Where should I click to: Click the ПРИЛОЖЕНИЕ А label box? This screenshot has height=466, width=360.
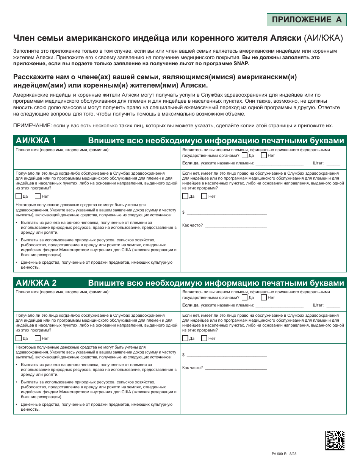307,20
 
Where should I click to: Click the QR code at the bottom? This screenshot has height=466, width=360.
335,440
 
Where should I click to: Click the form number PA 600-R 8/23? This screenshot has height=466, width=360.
284,453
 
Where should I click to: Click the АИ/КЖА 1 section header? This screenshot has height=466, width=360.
36,141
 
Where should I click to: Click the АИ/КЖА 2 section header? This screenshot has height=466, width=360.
36,283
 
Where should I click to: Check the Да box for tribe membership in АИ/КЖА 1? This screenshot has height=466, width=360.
245,155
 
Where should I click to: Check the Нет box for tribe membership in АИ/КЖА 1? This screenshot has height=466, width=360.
264,155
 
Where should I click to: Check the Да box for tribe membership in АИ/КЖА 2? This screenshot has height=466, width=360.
245,297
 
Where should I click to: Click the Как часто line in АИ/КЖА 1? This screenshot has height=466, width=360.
236,226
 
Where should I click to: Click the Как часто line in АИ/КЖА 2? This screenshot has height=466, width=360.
236,369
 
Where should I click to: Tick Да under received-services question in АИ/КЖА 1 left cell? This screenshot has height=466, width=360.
19,196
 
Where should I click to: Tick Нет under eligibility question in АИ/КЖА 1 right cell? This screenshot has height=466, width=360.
204,196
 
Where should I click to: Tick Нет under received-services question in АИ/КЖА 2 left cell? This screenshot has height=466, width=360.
38,338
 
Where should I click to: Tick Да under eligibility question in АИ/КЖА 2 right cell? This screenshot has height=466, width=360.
185,338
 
